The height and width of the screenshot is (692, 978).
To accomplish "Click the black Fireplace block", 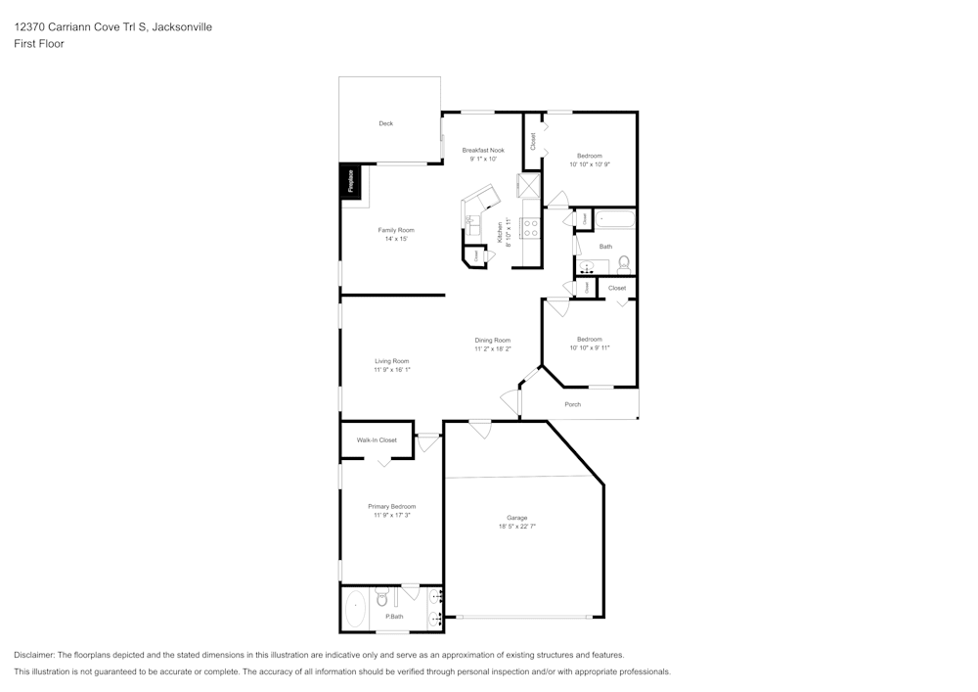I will click(x=350, y=181).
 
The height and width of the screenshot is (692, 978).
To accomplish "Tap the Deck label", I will click(x=385, y=123).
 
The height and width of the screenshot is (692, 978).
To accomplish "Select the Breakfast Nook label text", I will click(x=483, y=150).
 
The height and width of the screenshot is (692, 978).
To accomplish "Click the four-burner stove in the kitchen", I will click(x=531, y=228).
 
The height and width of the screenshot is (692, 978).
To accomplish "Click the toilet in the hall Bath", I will click(x=624, y=263).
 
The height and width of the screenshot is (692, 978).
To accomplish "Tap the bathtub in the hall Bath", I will click(x=614, y=220).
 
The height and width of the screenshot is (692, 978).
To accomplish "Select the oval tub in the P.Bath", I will click(x=355, y=608).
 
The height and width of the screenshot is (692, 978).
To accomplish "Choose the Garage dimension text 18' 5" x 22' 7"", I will click(x=516, y=527).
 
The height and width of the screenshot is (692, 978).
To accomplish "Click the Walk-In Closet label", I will click(x=377, y=440).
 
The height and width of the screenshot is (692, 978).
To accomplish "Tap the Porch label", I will click(x=572, y=404).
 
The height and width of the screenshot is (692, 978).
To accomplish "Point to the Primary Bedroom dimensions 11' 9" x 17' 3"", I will click(x=391, y=515).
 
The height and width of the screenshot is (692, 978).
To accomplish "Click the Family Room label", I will click(x=396, y=230).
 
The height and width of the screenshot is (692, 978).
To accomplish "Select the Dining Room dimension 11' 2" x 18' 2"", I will click(x=493, y=348).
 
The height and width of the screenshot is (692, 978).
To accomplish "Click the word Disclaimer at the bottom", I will click(x=34, y=655).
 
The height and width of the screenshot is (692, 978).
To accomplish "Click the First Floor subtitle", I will click(x=39, y=44).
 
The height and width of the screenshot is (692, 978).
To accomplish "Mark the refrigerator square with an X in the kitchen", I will click(x=529, y=185).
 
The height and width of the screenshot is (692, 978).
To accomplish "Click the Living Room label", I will click(x=391, y=360).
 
